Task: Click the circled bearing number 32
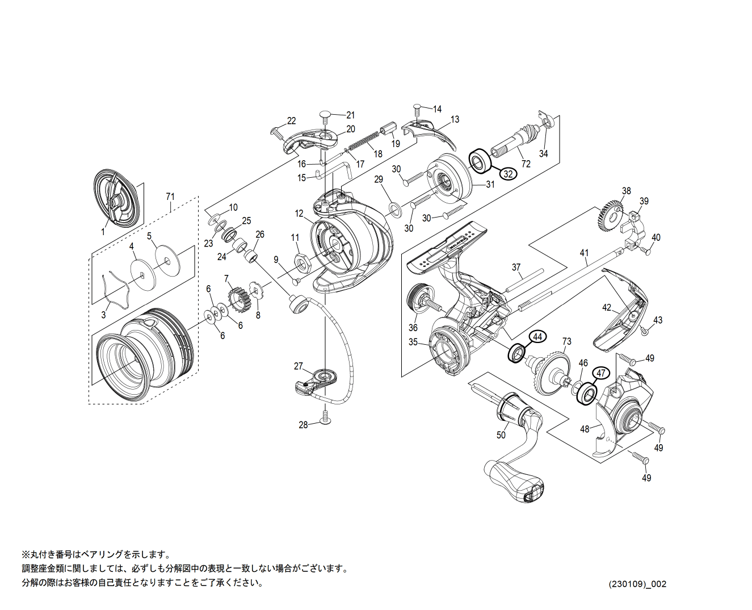click(508, 174)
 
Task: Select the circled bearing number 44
click(538, 337)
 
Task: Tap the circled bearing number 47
click(601, 373)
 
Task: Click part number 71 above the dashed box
click(170, 197)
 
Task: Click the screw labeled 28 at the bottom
click(325, 418)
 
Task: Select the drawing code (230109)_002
click(637, 584)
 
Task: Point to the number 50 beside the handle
click(501, 435)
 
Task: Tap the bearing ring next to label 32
click(480, 161)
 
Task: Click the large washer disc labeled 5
click(166, 261)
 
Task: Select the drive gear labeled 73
click(551, 372)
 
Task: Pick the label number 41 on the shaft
click(584, 253)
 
